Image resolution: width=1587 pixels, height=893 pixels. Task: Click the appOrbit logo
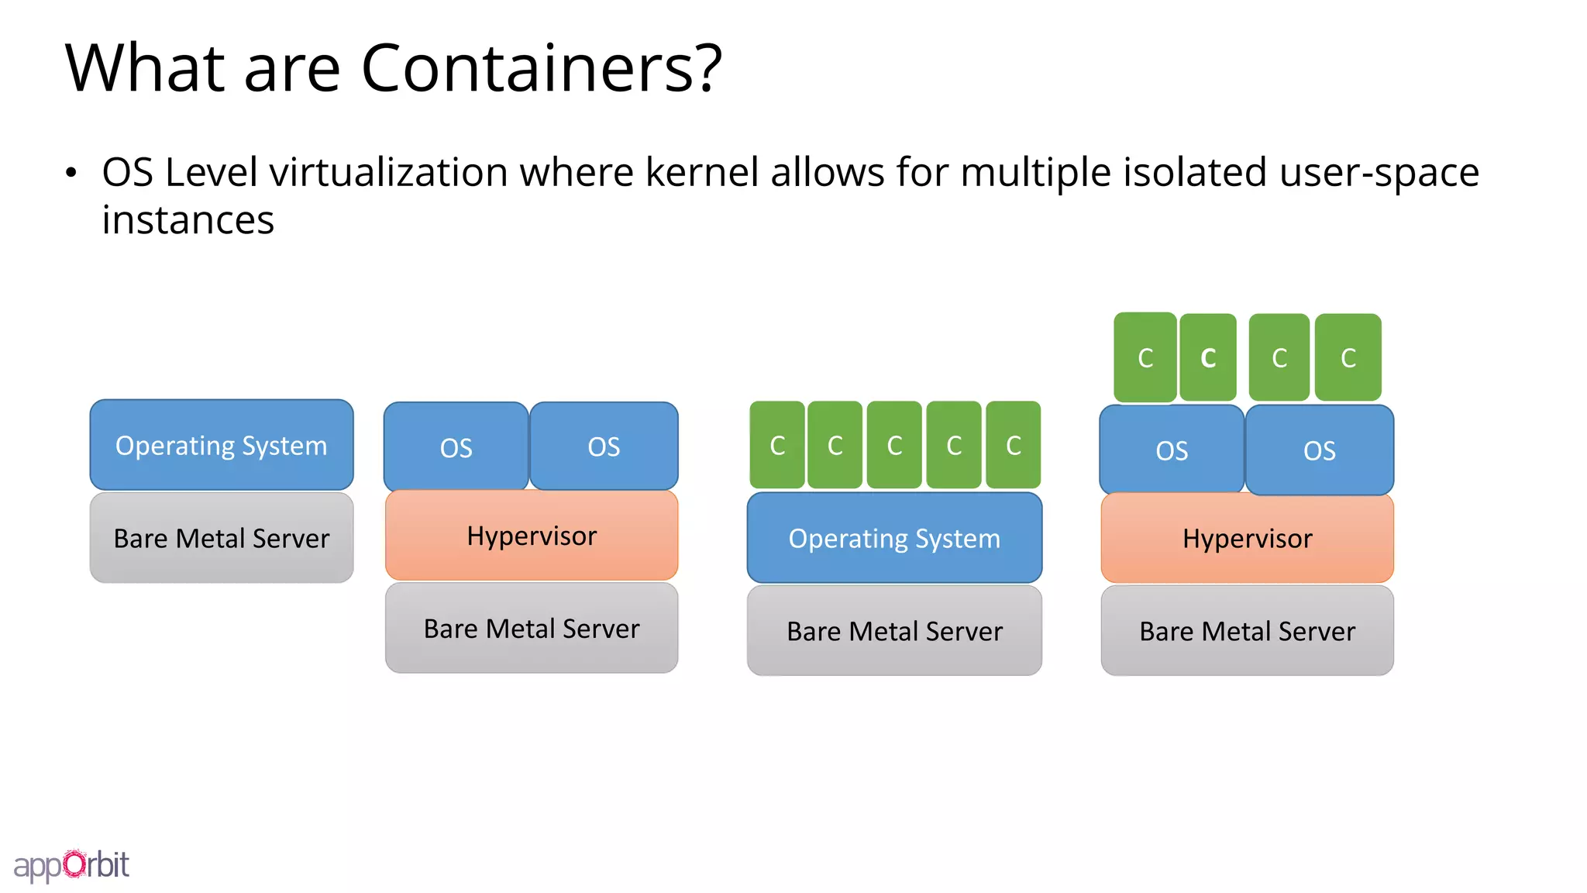click(71, 864)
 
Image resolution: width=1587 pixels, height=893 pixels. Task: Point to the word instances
click(188, 220)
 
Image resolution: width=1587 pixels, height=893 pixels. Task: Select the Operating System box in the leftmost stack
click(222, 445)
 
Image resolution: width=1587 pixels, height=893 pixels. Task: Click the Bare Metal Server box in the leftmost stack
click(222, 538)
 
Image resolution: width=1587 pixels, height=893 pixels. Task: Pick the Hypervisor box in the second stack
click(532, 536)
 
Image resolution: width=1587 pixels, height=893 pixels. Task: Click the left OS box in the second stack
click(456, 446)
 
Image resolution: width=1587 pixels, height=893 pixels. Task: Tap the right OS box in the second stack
click(604, 446)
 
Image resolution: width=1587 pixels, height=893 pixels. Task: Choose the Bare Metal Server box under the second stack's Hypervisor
click(532, 628)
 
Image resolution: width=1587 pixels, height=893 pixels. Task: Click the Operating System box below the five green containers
click(894, 538)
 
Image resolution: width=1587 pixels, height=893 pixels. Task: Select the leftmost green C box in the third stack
click(777, 445)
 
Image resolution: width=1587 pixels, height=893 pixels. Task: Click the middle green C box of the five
click(894, 445)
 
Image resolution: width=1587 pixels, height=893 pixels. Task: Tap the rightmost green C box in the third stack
click(1013, 445)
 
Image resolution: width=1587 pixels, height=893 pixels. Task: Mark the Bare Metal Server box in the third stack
click(894, 631)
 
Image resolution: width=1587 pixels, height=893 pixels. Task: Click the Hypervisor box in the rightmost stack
click(1247, 538)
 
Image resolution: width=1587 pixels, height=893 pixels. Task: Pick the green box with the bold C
click(1208, 357)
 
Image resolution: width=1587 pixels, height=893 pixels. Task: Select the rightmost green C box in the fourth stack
click(1348, 357)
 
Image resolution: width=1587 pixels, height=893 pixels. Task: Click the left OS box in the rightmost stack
click(1172, 450)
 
